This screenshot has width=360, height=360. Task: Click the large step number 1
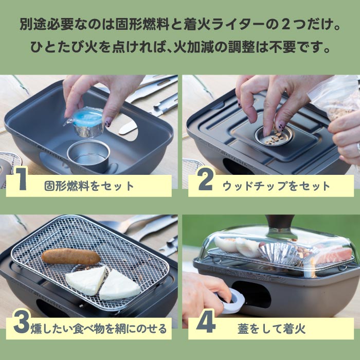click(21, 178)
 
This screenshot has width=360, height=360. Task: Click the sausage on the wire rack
click(71, 256)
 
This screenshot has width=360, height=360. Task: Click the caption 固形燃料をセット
click(89, 186)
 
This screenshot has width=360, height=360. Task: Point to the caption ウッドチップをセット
click(277, 186)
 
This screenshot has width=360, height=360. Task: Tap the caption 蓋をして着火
click(272, 329)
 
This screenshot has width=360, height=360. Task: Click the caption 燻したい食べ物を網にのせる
click(99, 329)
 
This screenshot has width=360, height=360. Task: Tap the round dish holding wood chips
click(273, 137)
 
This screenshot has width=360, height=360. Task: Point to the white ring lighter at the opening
click(231, 301)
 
